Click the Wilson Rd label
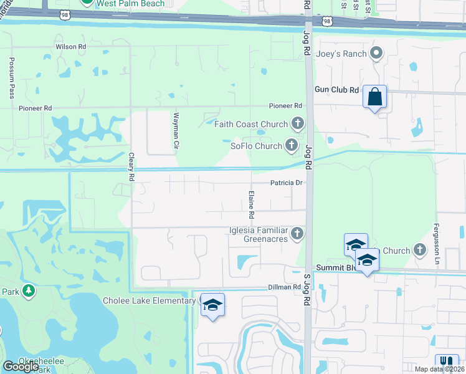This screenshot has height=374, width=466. (x=70, y=46)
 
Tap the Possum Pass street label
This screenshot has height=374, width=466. (x=12, y=79)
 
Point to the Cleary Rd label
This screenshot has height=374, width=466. (x=131, y=168)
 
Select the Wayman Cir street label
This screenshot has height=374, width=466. (x=176, y=135)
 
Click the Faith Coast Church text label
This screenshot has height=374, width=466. (x=250, y=124)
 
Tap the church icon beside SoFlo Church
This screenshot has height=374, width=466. (x=291, y=146)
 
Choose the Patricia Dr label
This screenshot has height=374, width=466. (x=286, y=183)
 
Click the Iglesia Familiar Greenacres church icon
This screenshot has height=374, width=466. (x=298, y=234)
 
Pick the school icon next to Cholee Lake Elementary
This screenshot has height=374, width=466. (x=212, y=305)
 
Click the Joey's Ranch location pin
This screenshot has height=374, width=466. (x=376, y=54)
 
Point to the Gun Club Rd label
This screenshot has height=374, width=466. (x=336, y=90)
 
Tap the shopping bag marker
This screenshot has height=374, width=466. (x=374, y=97)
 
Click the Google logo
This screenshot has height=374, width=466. (x=21, y=367)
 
